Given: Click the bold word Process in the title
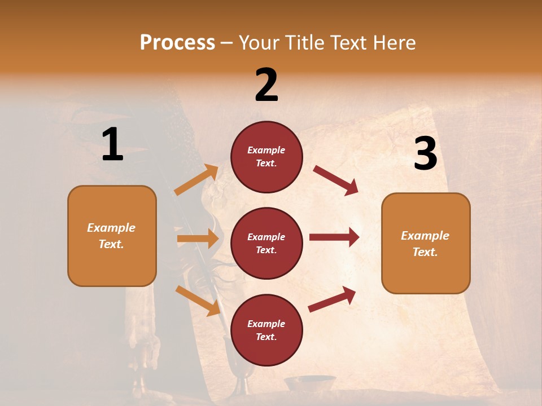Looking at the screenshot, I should pyautogui.click(x=177, y=43).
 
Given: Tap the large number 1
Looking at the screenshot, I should pyautogui.click(x=112, y=145).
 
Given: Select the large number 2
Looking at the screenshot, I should pyautogui.click(x=266, y=85).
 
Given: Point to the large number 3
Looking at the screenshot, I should pyautogui.click(x=425, y=154).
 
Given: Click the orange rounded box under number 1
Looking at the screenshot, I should pyautogui.click(x=112, y=236).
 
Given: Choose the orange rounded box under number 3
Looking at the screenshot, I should pyautogui.click(x=426, y=243).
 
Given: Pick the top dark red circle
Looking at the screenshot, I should pyautogui.click(x=266, y=157).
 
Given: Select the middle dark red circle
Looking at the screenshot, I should pyautogui.click(x=266, y=243).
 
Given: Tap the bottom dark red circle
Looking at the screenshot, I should pyautogui.click(x=266, y=330).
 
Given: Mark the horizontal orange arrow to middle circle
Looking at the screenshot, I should pyautogui.click(x=198, y=239).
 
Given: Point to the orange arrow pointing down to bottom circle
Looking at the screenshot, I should pyautogui.click(x=198, y=301).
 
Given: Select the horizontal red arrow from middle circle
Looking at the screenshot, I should pyautogui.click(x=334, y=237).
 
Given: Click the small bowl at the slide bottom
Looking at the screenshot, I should pyautogui.click(x=309, y=383).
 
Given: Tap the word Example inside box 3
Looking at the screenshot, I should pyautogui.click(x=425, y=236).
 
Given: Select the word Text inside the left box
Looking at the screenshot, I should pyautogui.click(x=111, y=244).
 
